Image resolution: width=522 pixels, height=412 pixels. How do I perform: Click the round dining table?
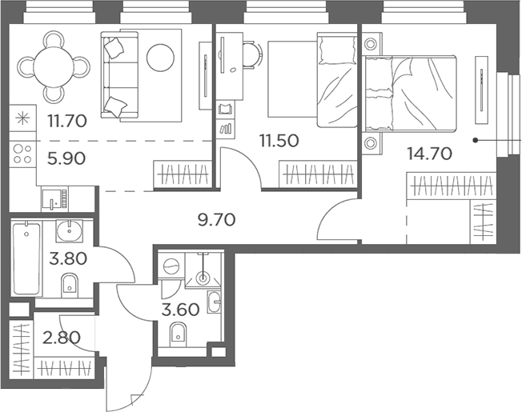coord(54,66)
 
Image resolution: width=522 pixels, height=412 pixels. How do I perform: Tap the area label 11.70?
coord(67,121)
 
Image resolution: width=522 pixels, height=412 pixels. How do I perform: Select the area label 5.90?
coord(66,158)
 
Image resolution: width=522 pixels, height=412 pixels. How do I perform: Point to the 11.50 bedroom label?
coord(279,141)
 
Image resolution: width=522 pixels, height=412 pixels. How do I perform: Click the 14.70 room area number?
coord(430,154)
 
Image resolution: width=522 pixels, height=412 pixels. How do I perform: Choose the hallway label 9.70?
coord(217,220)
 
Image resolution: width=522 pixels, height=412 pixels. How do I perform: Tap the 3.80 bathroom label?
coord(68,258)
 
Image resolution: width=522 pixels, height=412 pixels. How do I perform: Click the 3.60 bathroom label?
coord(180,310)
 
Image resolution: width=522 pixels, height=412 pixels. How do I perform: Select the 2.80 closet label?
coord(62,338)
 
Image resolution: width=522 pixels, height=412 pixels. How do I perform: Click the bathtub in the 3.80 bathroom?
coord(26,258)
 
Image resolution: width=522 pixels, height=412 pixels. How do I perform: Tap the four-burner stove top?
coord(22,154)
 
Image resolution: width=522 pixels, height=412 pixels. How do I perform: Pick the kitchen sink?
coord(54,199)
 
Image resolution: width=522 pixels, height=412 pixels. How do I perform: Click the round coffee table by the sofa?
coord(160,58)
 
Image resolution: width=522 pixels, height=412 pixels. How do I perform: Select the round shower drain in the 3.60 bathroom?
coord(202,277)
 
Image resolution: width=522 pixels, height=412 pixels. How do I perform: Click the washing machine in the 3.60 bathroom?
coord(171,266)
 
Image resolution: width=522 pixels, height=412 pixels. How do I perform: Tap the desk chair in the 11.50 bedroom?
coord(253,55)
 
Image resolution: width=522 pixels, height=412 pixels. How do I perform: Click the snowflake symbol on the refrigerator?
coord(22,118)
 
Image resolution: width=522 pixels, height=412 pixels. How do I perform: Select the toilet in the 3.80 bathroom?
coord(69,286)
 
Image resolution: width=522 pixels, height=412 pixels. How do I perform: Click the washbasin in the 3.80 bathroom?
coord(70,230)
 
